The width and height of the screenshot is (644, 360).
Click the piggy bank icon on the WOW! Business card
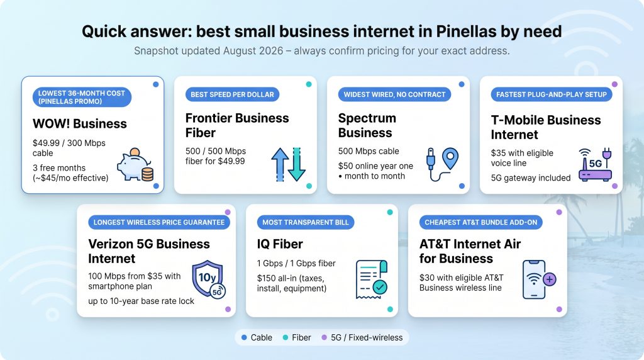click(x=135, y=164)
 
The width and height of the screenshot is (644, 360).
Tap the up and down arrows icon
click(x=288, y=164)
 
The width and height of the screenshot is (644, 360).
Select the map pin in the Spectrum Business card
click(x=450, y=158)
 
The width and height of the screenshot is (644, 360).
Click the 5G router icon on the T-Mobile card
click(x=596, y=164)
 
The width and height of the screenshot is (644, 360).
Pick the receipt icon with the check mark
click(x=372, y=279)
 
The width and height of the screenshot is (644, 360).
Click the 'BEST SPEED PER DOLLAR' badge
click(x=233, y=94)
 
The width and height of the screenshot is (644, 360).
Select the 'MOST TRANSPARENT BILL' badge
click(x=306, y=222)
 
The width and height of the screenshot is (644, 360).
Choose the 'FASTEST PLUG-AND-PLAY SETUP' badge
click(x=552, y=94)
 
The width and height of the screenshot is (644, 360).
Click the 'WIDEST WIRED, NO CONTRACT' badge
click(x=395, y=94)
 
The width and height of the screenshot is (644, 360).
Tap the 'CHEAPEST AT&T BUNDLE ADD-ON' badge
click(x=481, y=222)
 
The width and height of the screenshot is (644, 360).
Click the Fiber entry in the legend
click(x=297, y=337)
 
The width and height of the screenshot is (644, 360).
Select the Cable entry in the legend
click(x=257, y=337)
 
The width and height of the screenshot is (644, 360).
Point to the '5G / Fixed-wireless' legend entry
click(x=362, y=337)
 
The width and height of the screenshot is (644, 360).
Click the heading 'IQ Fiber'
click(x=280, y=244)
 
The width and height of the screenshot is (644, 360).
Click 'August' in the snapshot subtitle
click(x=238, y=51)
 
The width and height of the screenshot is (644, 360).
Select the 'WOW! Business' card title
click(x=80, y=124)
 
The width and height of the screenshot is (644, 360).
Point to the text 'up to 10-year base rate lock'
click(x=141, y=301)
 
